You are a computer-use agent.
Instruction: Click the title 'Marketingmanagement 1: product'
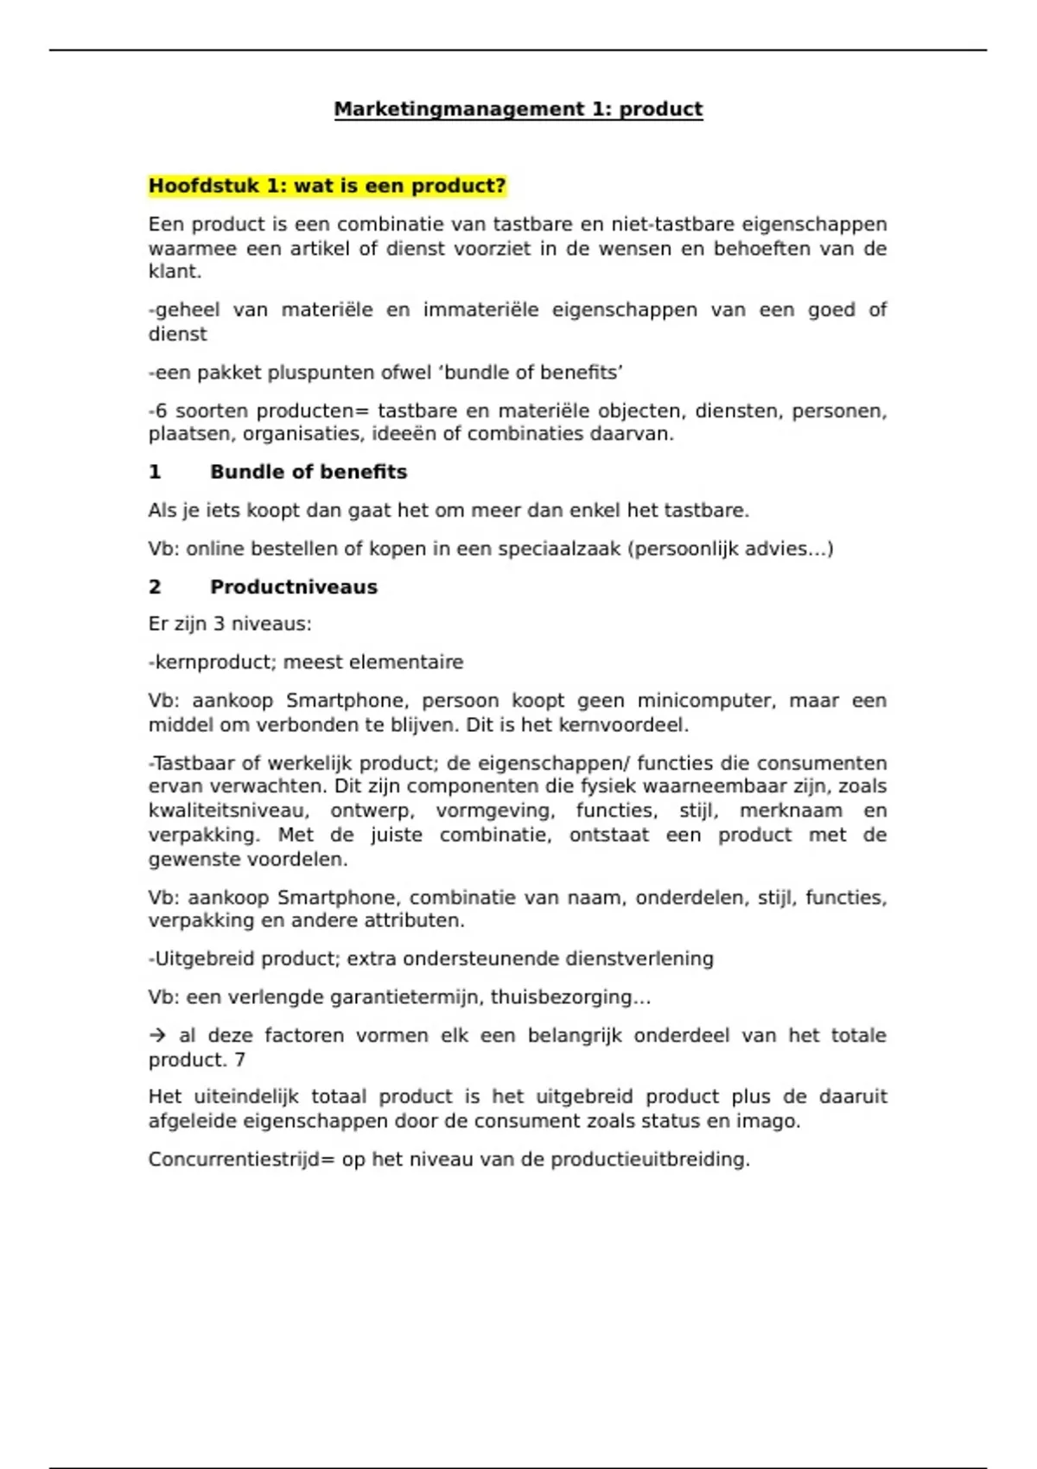click(x=518, y=110)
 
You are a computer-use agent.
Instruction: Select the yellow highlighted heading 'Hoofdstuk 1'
click(x=327, y=187)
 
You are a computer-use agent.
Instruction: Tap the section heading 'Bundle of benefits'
click(x=309, y=472)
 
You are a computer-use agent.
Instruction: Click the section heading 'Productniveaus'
click(x=294, y=587)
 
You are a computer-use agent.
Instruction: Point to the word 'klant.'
click(x=175, y=271)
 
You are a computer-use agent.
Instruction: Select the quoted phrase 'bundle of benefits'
click(x=533, y=372)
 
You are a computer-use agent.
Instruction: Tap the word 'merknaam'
click(x=791, y=811)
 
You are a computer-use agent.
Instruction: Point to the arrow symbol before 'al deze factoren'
click(x=157, y=1035)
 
